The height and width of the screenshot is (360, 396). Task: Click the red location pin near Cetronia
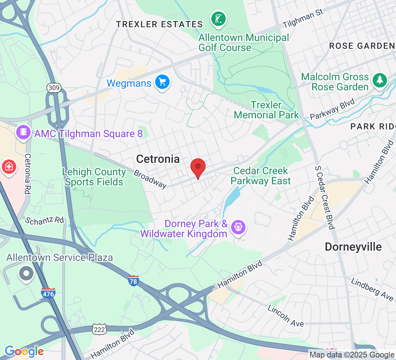pyautogui.click(x=198, y=167)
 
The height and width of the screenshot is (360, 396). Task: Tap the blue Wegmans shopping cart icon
pyautogui.click(x=162, y=82)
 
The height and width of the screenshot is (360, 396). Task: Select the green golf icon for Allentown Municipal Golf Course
pyautogui.click(x=219, y=19)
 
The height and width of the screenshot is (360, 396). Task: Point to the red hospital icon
pyautogui.click(x=8, y=167)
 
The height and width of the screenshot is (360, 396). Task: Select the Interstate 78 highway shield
pyautogui.click(x=133, y=281)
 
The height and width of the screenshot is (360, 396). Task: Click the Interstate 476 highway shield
pyautogui.click(x=48, y=293)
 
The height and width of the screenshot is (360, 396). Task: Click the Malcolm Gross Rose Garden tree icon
pyautogui.click(x=379, y=80)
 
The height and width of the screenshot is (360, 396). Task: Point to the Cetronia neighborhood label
pyautogui.click(x=158, y=159)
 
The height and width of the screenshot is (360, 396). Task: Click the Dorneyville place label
pyautogui.click(x=353, y=247)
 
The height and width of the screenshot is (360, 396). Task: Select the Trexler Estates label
pyautogui.click(x=159, y=24)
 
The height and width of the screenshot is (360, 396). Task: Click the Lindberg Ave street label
pyautogui.click(x=372, y=289)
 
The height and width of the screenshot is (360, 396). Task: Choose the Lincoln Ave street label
pyautogui.click(x=286, y=316)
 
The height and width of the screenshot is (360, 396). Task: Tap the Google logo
pyautogui.click(x=24, y=351)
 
